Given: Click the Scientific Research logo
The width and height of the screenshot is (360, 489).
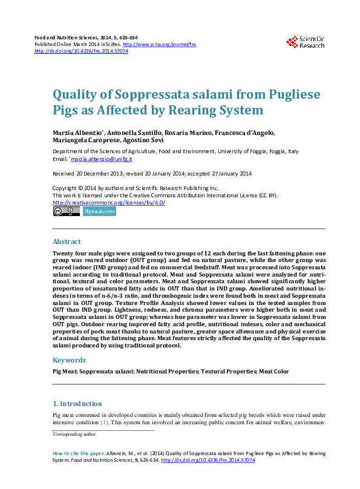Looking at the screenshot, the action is [x=306, y=41].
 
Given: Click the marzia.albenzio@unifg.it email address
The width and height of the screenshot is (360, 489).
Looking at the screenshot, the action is [x=102, y=159].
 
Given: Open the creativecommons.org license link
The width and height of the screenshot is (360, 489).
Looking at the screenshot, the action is [x=109, y=203].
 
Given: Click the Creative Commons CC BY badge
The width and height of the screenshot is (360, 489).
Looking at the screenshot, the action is [x=66, y=211].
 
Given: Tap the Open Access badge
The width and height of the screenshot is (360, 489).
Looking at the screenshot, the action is [x=99, y=211].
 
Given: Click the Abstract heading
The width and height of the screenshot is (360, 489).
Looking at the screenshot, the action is [x=67, y=241].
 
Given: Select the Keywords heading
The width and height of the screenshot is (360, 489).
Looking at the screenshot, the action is [x=69, y=360].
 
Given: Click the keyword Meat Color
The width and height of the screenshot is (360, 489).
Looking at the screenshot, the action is [x=273, y=371].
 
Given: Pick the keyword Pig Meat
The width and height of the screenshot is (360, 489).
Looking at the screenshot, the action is [x=65, y=371].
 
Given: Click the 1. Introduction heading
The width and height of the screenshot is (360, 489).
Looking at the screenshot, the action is [x=77, y=404].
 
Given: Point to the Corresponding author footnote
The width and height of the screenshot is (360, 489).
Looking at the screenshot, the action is [x=75, y=435].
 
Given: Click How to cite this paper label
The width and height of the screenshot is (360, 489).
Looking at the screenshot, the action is [x=79, y=453].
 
